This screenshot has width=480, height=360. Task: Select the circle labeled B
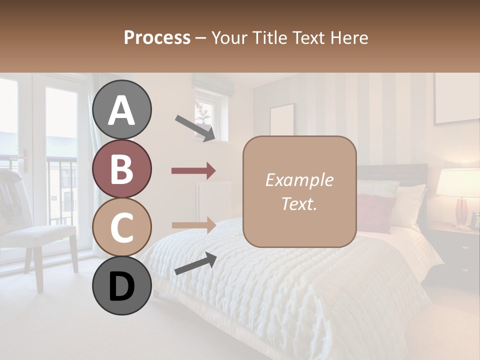[121, 168]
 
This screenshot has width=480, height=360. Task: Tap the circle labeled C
[121, 227]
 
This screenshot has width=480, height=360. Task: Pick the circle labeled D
[121, 285]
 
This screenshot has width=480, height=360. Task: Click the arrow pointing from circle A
[195, 127]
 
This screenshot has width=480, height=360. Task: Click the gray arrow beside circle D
[195, 263]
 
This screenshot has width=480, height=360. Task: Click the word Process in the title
[157, 37]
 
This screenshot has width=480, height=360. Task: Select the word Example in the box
[299, 180]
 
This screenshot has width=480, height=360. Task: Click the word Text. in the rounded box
[299, 203]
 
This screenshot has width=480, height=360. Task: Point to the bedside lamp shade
[457, 182]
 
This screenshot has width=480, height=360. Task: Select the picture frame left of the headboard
[282, 120]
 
